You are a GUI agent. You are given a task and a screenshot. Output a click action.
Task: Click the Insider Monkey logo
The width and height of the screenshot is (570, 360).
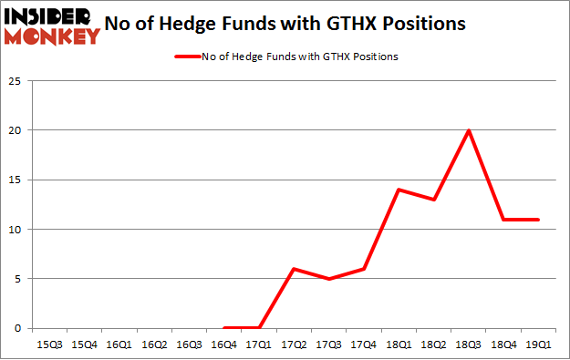[52, 25]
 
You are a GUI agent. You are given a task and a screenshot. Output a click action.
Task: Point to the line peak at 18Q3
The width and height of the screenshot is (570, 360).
[469, 130]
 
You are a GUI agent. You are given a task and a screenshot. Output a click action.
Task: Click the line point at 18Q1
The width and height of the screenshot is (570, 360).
[399, 190]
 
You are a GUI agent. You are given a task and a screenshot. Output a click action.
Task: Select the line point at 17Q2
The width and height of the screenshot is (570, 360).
[293, 269]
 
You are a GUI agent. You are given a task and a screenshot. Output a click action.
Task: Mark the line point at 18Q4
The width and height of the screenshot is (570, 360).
[504, 220]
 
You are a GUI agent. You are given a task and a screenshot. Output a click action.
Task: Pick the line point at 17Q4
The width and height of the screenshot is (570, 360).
[363, 269]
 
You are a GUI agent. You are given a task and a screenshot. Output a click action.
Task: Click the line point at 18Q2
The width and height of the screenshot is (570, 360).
[434, 200]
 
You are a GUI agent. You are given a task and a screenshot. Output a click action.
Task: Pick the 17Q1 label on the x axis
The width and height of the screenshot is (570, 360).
[258, 345]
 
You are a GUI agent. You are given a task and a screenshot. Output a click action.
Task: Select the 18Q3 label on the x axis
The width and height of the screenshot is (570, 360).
[469, 345]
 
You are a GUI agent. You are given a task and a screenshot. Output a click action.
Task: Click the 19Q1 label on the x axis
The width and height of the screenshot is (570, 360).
[539, 345]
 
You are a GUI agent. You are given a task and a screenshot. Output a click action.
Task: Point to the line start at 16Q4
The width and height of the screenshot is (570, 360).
[223, 328]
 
